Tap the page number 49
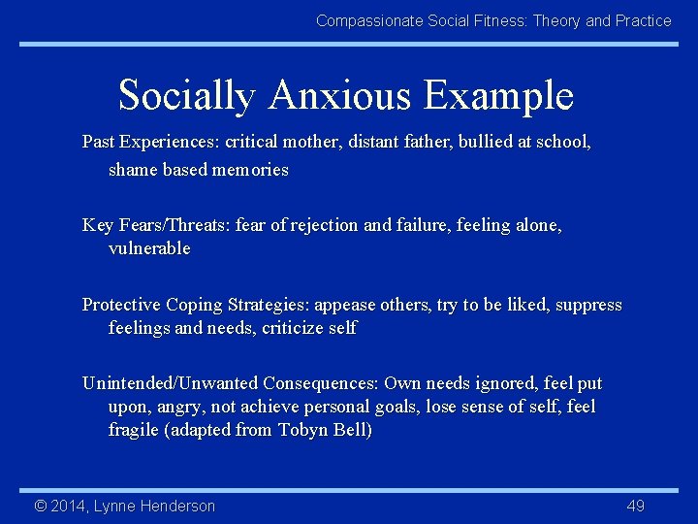pyautogui.click(x=636, y=506)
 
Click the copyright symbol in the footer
pyautogui.click(x=41, y=506)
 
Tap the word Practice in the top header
pyautogui.click(x=643, y=20)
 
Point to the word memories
pyautogui.click(x=252, y=170)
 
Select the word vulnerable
pyautogui.click(x=149, y=248)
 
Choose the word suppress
pyautogui.click(x=587, y=305)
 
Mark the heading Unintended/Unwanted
pyautogui.click(x=170, y=383)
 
